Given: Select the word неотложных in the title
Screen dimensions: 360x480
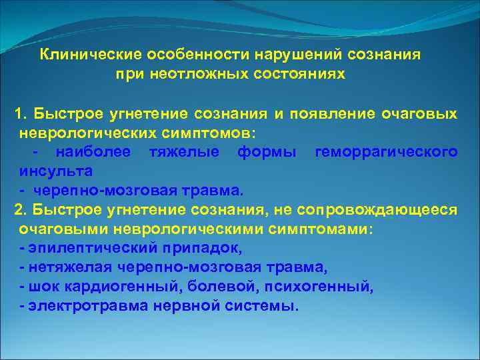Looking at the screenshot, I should click(x=182, y=74).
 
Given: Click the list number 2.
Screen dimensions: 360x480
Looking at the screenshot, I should click(x=21, y=211).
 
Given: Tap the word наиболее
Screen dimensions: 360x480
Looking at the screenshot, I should click(x=93, y=152).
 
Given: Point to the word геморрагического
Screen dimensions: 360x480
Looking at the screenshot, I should click(x=385, y=152).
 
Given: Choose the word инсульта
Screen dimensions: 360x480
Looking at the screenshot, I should click(x=46, y=171).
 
